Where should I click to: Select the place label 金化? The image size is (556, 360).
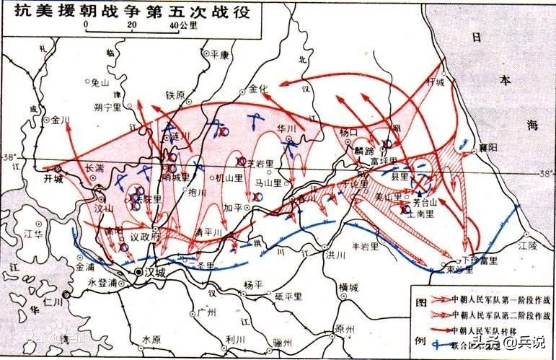click(258, 89)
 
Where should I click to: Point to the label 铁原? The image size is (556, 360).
click(175, 95)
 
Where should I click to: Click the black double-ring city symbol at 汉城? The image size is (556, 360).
click(138, 273)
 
